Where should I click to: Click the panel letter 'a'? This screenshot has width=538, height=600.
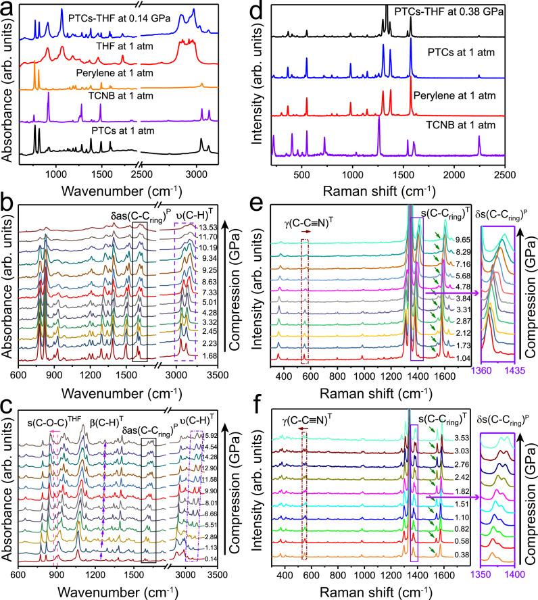(x=7, y=7)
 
